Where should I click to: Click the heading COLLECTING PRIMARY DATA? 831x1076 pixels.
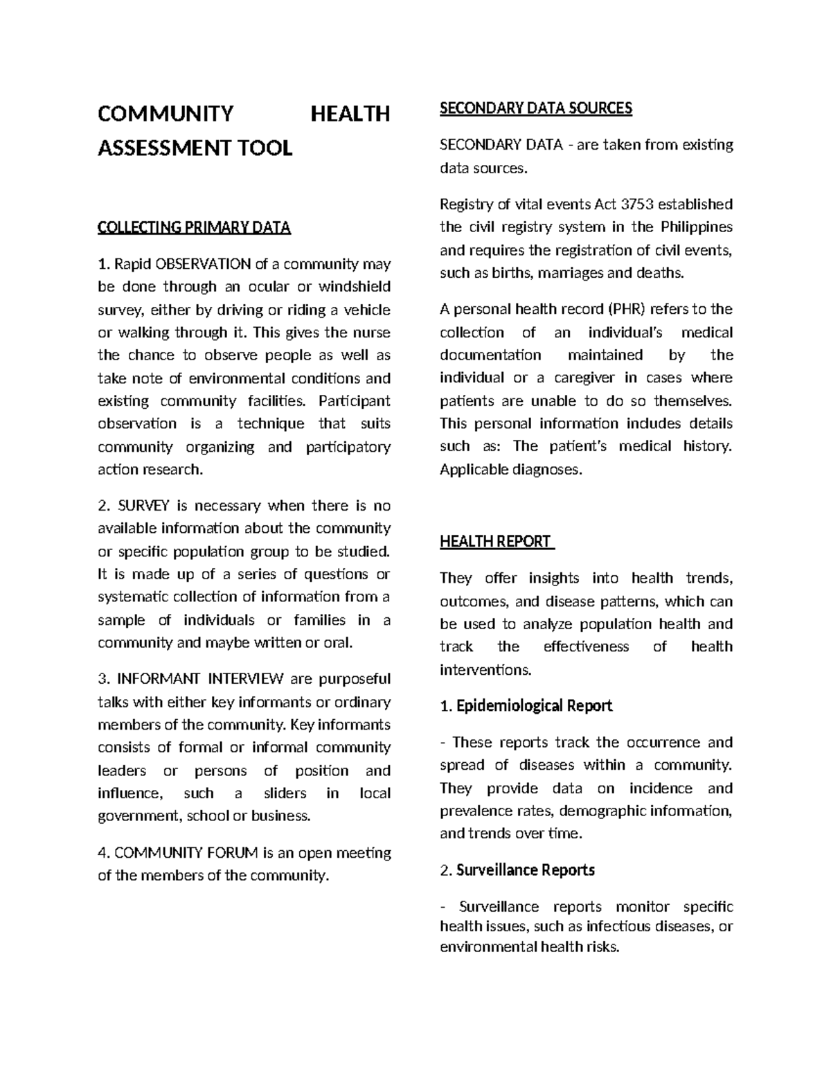[x=194, y=228]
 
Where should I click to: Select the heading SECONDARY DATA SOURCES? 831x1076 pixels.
[x=536, y=108]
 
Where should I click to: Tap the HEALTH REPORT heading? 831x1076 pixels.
[x=496, y=542]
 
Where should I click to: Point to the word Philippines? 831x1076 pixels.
[x=696, y=227]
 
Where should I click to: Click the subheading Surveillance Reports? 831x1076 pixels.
[x=526, y=870]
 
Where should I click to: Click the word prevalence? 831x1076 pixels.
[x=476, y=811]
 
